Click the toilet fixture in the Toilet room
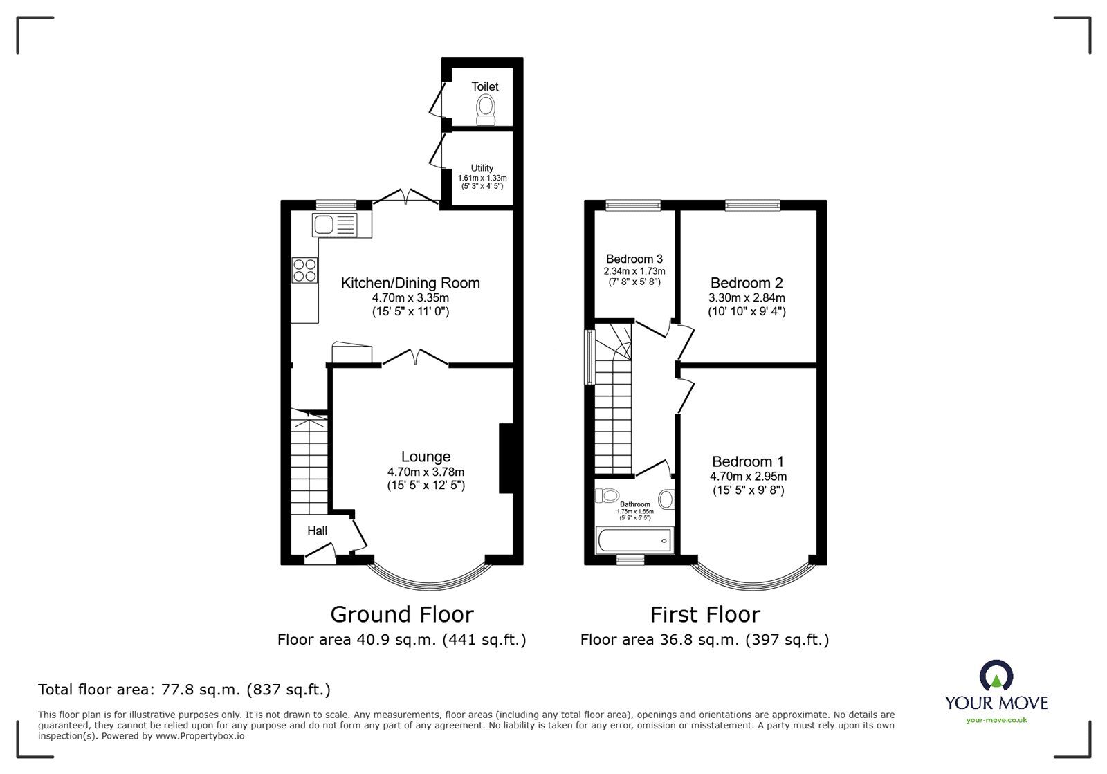coord(486,111)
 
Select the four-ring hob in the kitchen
coord(304,270)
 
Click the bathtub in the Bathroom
coord(635,540)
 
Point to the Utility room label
coord(482,168)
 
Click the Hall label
coord(318,531)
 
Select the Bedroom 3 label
coord(634,259)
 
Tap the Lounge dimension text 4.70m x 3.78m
coord(426,472)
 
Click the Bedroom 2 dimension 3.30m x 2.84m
coord(747,298)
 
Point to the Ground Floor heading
coord(402,615)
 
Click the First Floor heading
coord(705,615)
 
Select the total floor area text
coord(184,690)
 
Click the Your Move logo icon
coord(997,675)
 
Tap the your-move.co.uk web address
coord(997,720)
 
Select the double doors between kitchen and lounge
coord(415,357)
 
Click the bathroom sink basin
coord(666,499)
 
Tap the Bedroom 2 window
coord(753,205)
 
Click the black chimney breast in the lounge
coord(506,458)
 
